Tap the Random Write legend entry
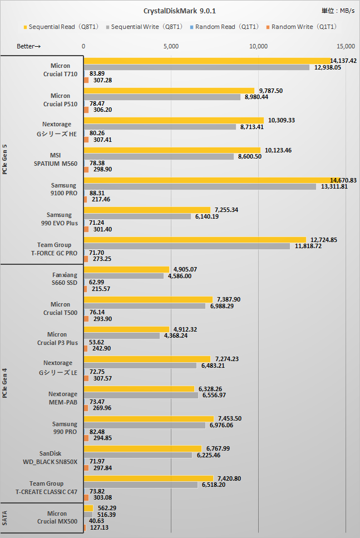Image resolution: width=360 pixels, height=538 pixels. tap(303, 26)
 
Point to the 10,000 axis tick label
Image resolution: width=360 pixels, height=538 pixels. tap(259, 46)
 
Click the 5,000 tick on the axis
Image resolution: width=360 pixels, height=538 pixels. tap(171, 46)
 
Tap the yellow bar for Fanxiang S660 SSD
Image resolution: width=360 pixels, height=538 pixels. tap(126, 269)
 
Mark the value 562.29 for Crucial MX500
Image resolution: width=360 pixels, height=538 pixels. tap(107, 508)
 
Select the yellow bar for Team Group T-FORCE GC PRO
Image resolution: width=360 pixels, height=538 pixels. tap(195, 240)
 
